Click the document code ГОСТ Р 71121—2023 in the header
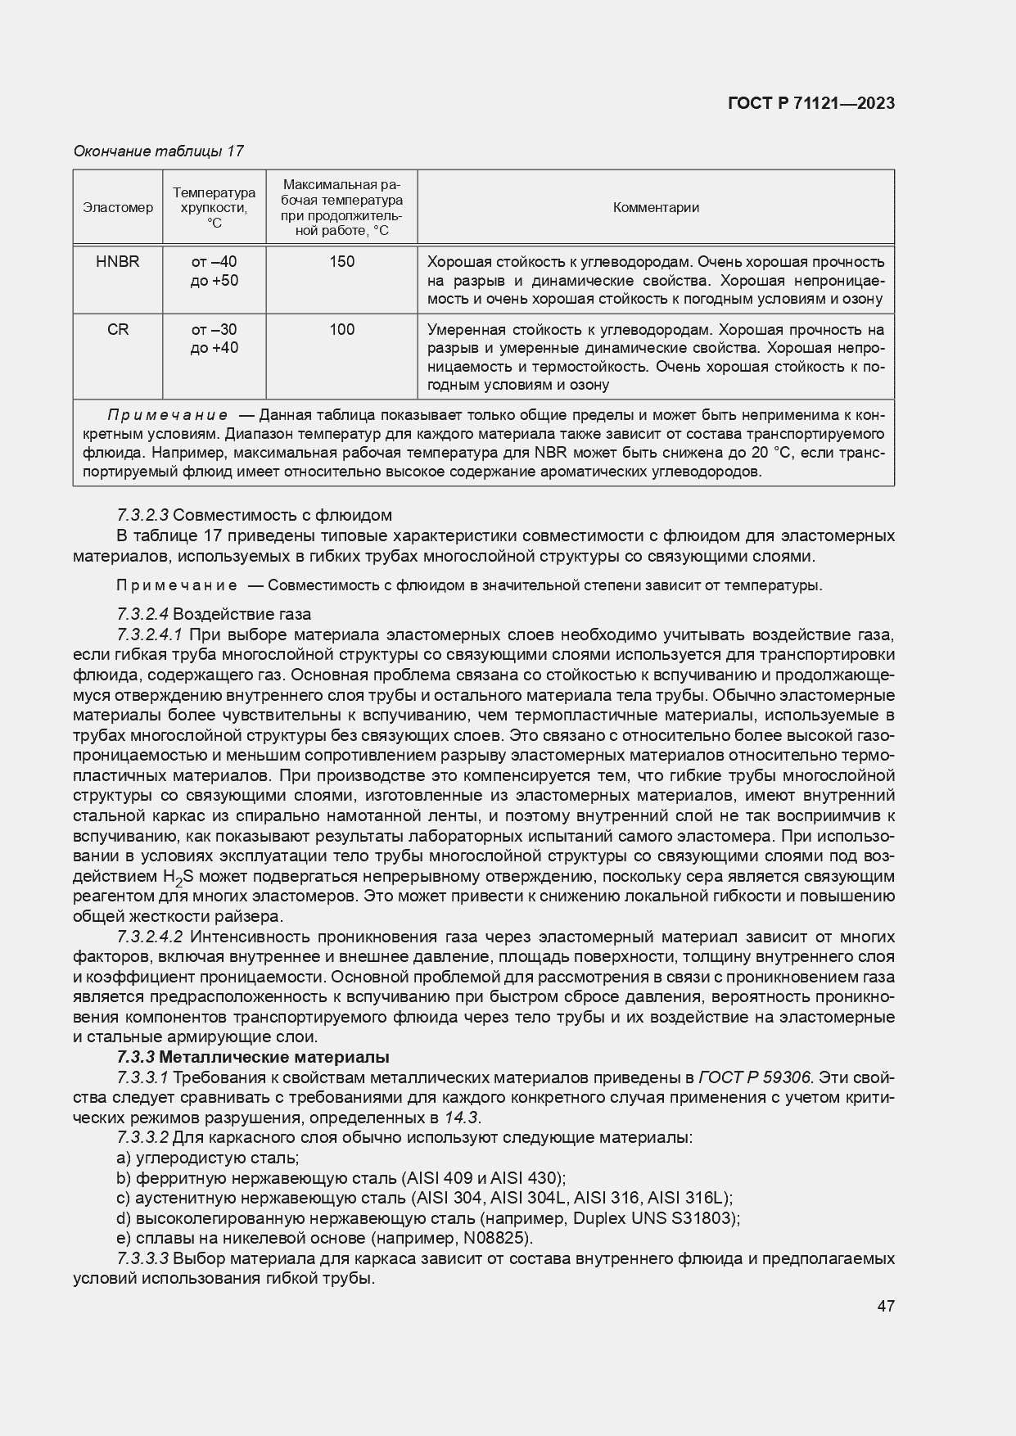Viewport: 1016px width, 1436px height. tap(811, 103)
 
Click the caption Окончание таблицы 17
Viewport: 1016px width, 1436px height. tap(159, 151)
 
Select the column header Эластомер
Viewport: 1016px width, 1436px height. tap(118, 208)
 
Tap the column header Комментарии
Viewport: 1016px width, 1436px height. tap(656, 208)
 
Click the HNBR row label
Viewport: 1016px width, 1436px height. tap(118, 262)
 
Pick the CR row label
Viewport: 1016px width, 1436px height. tap(118, 330)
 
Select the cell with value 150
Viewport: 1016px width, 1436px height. tap(341, 262)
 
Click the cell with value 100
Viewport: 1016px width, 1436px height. tap(341, 330)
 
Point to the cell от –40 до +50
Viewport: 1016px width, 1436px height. tap(214, 271)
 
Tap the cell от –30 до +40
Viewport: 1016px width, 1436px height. tap(214, 339)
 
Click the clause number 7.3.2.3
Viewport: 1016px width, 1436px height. tap(143, 516)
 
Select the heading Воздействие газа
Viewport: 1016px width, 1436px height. tap(242, 614)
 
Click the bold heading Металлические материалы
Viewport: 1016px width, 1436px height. tap(274, 1057)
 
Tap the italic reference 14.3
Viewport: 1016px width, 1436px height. tap(462, 1118)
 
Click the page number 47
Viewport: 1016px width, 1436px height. tap(885, 1307)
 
